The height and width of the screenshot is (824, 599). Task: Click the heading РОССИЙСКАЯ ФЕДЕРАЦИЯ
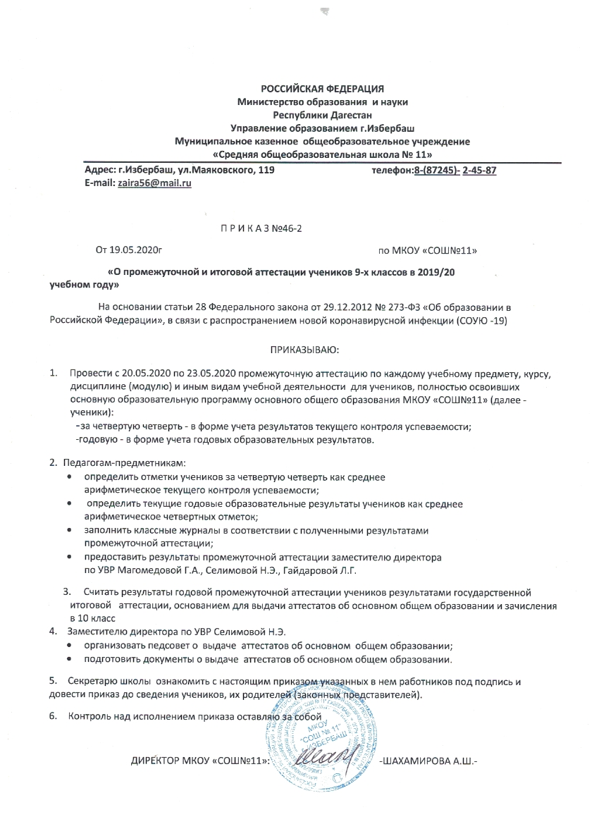(323, 89)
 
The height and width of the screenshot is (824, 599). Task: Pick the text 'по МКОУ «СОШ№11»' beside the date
(423, 250)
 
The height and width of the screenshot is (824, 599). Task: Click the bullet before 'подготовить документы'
(68, 660)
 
